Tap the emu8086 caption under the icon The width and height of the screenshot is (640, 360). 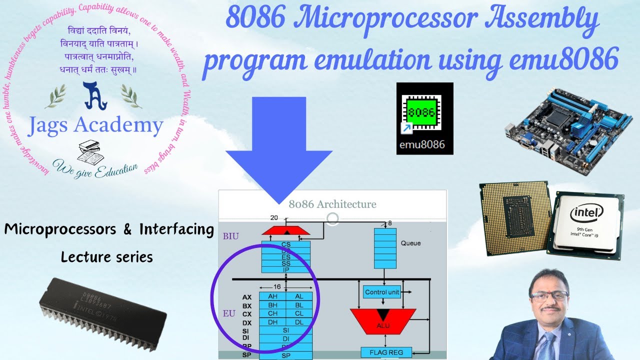click(424, 146)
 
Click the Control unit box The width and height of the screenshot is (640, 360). click(382, 292)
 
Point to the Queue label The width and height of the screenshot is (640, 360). click(410, 243)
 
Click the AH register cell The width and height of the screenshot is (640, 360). click(272, 296)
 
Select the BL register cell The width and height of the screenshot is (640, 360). click(299, 305)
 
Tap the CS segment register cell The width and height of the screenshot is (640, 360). click(286, 244)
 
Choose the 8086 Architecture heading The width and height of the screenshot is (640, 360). click(332, 204)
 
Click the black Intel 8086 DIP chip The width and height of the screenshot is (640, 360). click(102, 312)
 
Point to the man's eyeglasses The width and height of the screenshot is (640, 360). click(549, 296)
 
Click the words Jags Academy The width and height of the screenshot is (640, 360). click(95, 125)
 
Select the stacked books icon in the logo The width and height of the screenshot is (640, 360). click(90, 149)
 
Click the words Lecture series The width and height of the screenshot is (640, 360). click(106, 257)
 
